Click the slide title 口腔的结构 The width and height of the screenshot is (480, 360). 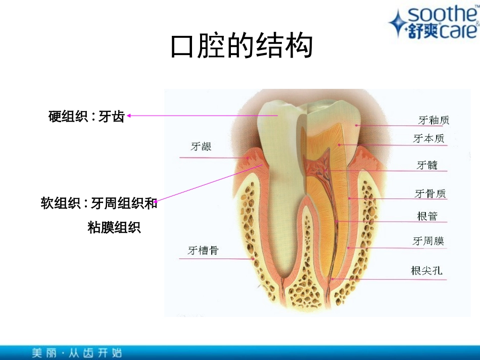pos(241,47)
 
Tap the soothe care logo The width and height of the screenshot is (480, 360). pos(434,23)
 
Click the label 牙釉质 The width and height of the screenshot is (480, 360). pos(434,120)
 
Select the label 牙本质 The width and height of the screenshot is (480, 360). pos(428,139)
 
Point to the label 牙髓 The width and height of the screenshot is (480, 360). pos(427,165)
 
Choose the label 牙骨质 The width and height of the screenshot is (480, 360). pos(430,194)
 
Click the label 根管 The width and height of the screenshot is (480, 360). pos(427,217)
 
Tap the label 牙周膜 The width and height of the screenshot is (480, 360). pos(428,242)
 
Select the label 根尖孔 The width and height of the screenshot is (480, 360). pos(427,271)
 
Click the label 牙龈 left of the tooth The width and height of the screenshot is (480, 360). pos(201,147)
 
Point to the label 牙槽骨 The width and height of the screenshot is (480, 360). pos(203,250)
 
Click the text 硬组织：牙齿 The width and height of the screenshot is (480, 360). pos(86,117)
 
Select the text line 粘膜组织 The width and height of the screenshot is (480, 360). pos(114,228)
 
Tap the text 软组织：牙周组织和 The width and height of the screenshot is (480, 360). pos(99,204)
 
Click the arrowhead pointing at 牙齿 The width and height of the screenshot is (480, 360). pos(129,116)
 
